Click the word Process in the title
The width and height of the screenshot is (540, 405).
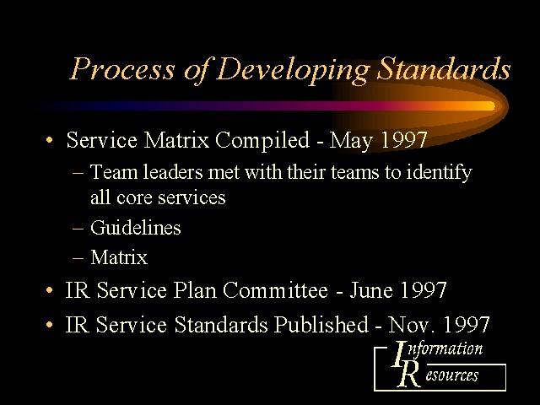point(122,68)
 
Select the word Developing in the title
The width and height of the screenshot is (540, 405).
point(293,70)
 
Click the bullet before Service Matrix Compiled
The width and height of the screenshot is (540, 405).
point(50,140)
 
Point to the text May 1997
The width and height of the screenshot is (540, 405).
point(378,141)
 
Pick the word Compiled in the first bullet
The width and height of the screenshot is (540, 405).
point(262,141)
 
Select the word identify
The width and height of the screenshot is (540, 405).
point(439,172)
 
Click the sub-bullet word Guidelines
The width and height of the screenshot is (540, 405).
point(135,228)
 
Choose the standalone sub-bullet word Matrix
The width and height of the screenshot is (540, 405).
point(119,257)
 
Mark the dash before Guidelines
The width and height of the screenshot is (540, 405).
point(78,228)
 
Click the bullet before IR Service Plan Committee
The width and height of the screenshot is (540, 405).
point(50,290)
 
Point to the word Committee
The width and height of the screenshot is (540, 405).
point(275,290)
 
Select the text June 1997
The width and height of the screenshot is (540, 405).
point(398,290)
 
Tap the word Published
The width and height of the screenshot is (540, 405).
point(321,324)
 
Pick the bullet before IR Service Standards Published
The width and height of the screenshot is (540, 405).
point(50,324)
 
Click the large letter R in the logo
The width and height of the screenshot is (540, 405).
point(409,375)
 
